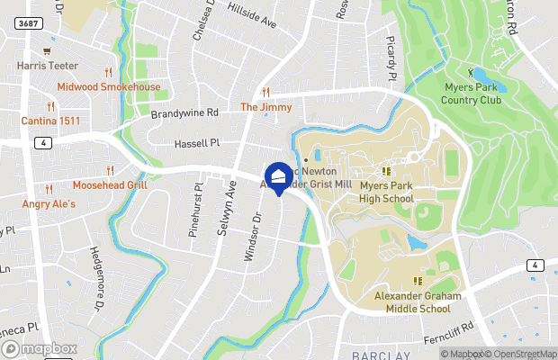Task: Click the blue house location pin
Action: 278,176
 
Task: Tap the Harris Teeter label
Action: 47,66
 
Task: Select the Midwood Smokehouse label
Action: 108,87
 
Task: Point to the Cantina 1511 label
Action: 51,121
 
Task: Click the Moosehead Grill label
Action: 109,184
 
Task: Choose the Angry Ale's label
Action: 49,204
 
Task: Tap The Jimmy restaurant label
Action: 265,107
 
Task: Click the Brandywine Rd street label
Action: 184,113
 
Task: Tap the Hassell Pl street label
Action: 196,142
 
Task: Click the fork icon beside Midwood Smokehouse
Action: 108,72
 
